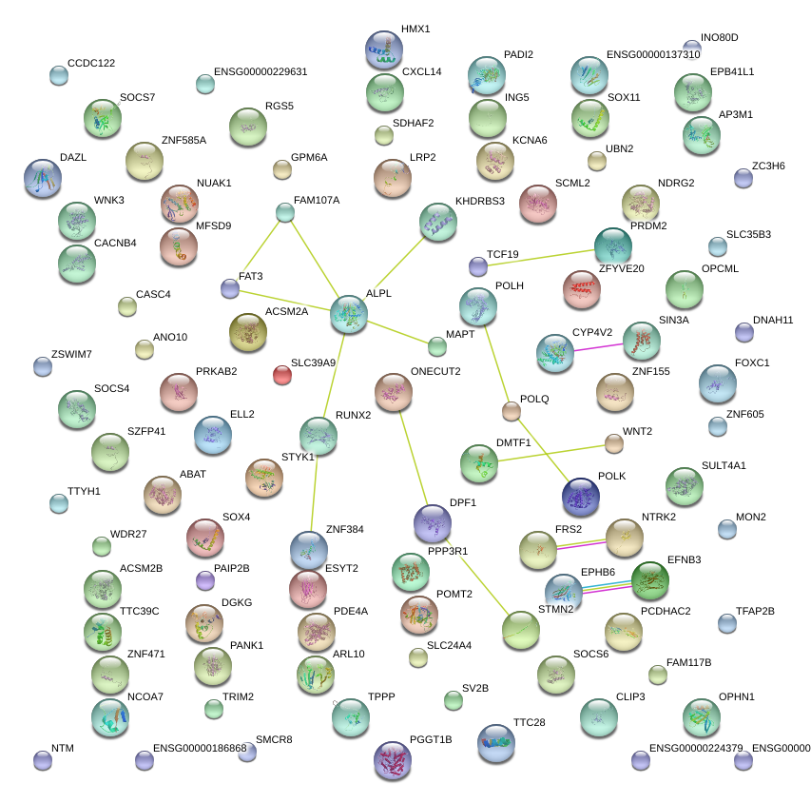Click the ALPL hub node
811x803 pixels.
[349, 314]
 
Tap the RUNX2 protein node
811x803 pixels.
[319, 436]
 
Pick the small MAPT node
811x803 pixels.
[436, 345]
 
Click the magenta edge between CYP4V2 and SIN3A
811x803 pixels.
[600, 345]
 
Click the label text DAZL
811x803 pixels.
[73, 158]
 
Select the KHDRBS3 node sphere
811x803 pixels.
[437, 222]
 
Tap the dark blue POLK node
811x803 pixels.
[581, 496]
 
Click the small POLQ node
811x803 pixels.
[512, 411]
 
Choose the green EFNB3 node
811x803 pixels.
[650, 580]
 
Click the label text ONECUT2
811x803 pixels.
[435, 371]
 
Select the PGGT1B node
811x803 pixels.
[393, 761]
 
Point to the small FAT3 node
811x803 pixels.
[229, 288]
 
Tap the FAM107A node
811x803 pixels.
[285, 212]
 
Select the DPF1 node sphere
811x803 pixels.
[433, 523]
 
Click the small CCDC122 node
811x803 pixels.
[59, 75]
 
